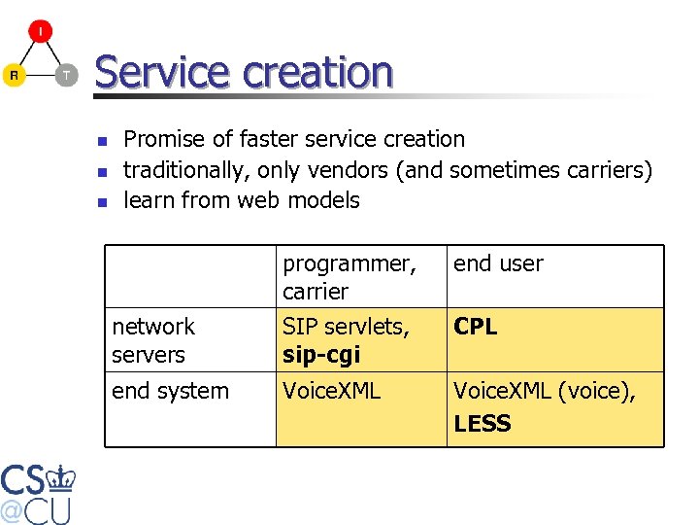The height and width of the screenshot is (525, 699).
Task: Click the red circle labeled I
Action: coord(40,32)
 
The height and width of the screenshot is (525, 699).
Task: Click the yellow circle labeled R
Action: coord(14,75)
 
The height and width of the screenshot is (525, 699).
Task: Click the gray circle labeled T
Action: coord(65,75)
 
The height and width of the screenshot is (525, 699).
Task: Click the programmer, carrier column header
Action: coord(349,277)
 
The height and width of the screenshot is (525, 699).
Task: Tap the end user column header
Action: coord(498,263)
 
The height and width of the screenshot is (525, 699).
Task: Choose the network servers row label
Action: coord(153,340)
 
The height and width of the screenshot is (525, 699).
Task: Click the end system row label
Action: coord(170,391)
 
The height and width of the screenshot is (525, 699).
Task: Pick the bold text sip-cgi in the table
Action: coord(320,355)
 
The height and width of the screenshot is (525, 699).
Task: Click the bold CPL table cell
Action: coord(475,328)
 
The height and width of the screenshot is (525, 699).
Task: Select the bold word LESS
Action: coord(482,423)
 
